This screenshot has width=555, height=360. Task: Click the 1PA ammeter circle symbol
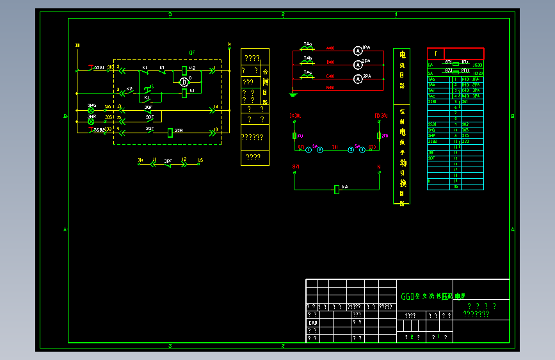tap(358, 49)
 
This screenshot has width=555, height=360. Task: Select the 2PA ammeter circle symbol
tap(358, 64)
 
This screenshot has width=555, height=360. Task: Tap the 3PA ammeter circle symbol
tap(358, 79)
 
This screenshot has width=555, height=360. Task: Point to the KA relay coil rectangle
tap(337, 189)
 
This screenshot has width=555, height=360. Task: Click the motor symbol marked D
tap(184, 81)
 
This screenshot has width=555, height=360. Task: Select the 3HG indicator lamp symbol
tap(91, 110)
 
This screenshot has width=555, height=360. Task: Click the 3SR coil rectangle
tap(170, 133)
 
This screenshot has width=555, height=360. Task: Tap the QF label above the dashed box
tap(191, 53)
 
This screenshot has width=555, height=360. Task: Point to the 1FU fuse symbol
tap(294, 136)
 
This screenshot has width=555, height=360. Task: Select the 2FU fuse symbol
tap(379, 136)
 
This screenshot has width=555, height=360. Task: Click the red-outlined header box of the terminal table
tap(455, 54)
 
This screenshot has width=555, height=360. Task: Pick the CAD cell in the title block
tap(313, 323)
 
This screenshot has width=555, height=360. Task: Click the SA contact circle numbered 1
tap(308, 149)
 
